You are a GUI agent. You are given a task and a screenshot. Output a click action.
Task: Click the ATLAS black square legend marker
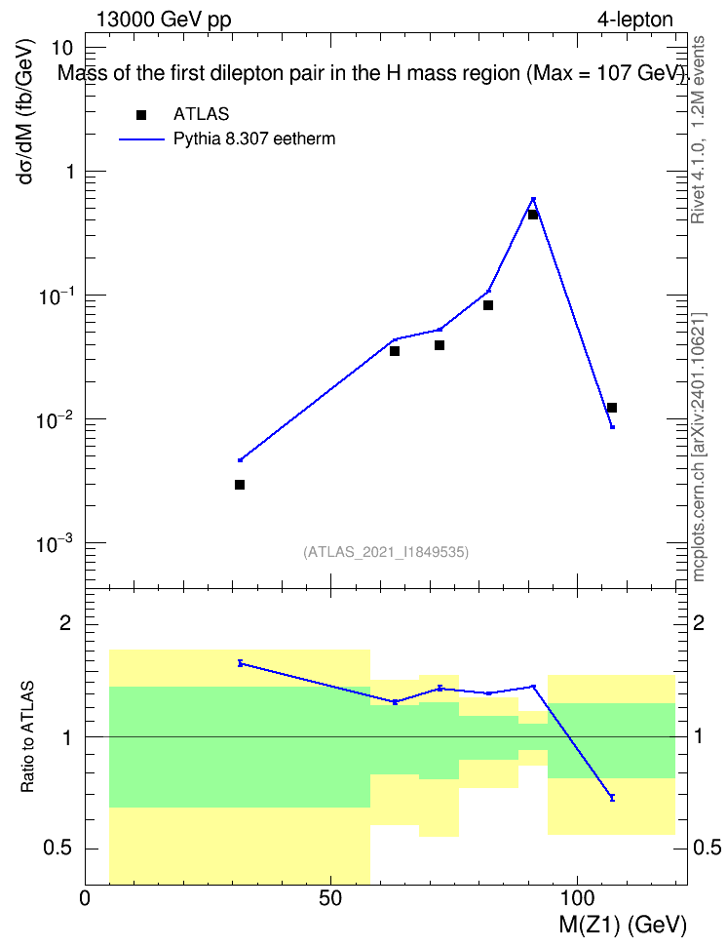click(x=140, y=115)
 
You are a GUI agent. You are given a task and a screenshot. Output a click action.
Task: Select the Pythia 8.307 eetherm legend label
click(x=253, y=139)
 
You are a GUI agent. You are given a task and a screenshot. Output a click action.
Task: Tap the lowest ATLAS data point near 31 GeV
click(x=240, y=485)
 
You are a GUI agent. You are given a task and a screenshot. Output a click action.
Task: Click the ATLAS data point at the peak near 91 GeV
click(x=532, y=214)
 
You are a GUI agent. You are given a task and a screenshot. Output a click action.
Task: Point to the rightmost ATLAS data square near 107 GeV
click(x=612, y=408)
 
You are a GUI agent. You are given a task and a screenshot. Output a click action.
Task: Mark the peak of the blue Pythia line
click(x=533, y=198)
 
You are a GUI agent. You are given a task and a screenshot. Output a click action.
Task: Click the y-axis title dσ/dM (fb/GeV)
click(x=25, y=111)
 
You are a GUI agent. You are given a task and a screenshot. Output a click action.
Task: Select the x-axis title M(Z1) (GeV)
click(x=623, y=925)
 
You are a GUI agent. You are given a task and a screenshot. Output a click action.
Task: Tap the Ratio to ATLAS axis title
click(x=27, y=736)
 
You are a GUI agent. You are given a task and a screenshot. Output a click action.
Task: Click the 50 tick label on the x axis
click(x=330, y=898)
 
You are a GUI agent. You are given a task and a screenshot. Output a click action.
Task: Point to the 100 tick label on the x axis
click(x=577, y=898)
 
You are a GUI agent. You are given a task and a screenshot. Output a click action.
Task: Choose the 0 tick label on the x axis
click(x=85, y=898)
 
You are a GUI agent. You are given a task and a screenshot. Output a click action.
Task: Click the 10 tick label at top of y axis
click(x=62, y=48)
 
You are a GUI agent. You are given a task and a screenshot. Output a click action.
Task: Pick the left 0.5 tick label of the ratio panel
click(x=58, y=849)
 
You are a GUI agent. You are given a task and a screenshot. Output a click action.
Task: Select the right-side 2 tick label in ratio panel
click(x=699, y=623)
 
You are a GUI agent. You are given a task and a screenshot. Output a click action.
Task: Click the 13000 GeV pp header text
click(x=164, y=20)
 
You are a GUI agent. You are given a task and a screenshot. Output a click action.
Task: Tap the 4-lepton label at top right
click(x=635, y=20)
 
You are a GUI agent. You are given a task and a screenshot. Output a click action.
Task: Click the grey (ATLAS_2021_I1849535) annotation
click(x=386, y=552)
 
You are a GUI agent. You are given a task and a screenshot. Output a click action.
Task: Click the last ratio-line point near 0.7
click(x=612, y=798)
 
